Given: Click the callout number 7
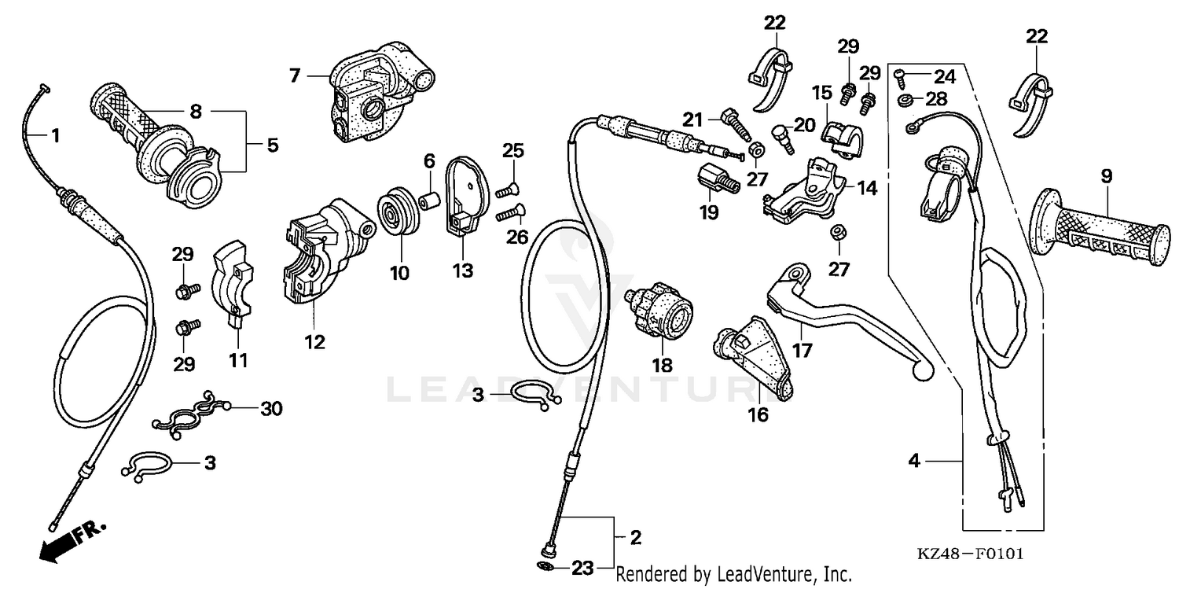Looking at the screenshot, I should point(295,75).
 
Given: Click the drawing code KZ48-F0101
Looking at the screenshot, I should point(970,554).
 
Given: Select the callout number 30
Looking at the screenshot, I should point(271,409).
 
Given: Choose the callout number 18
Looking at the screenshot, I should point(662,365).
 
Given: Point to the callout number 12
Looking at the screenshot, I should point(317,342).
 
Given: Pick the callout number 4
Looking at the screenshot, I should point(913,462).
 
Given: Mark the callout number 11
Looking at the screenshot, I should point(238,360).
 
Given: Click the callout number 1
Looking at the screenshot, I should point(54,135).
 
